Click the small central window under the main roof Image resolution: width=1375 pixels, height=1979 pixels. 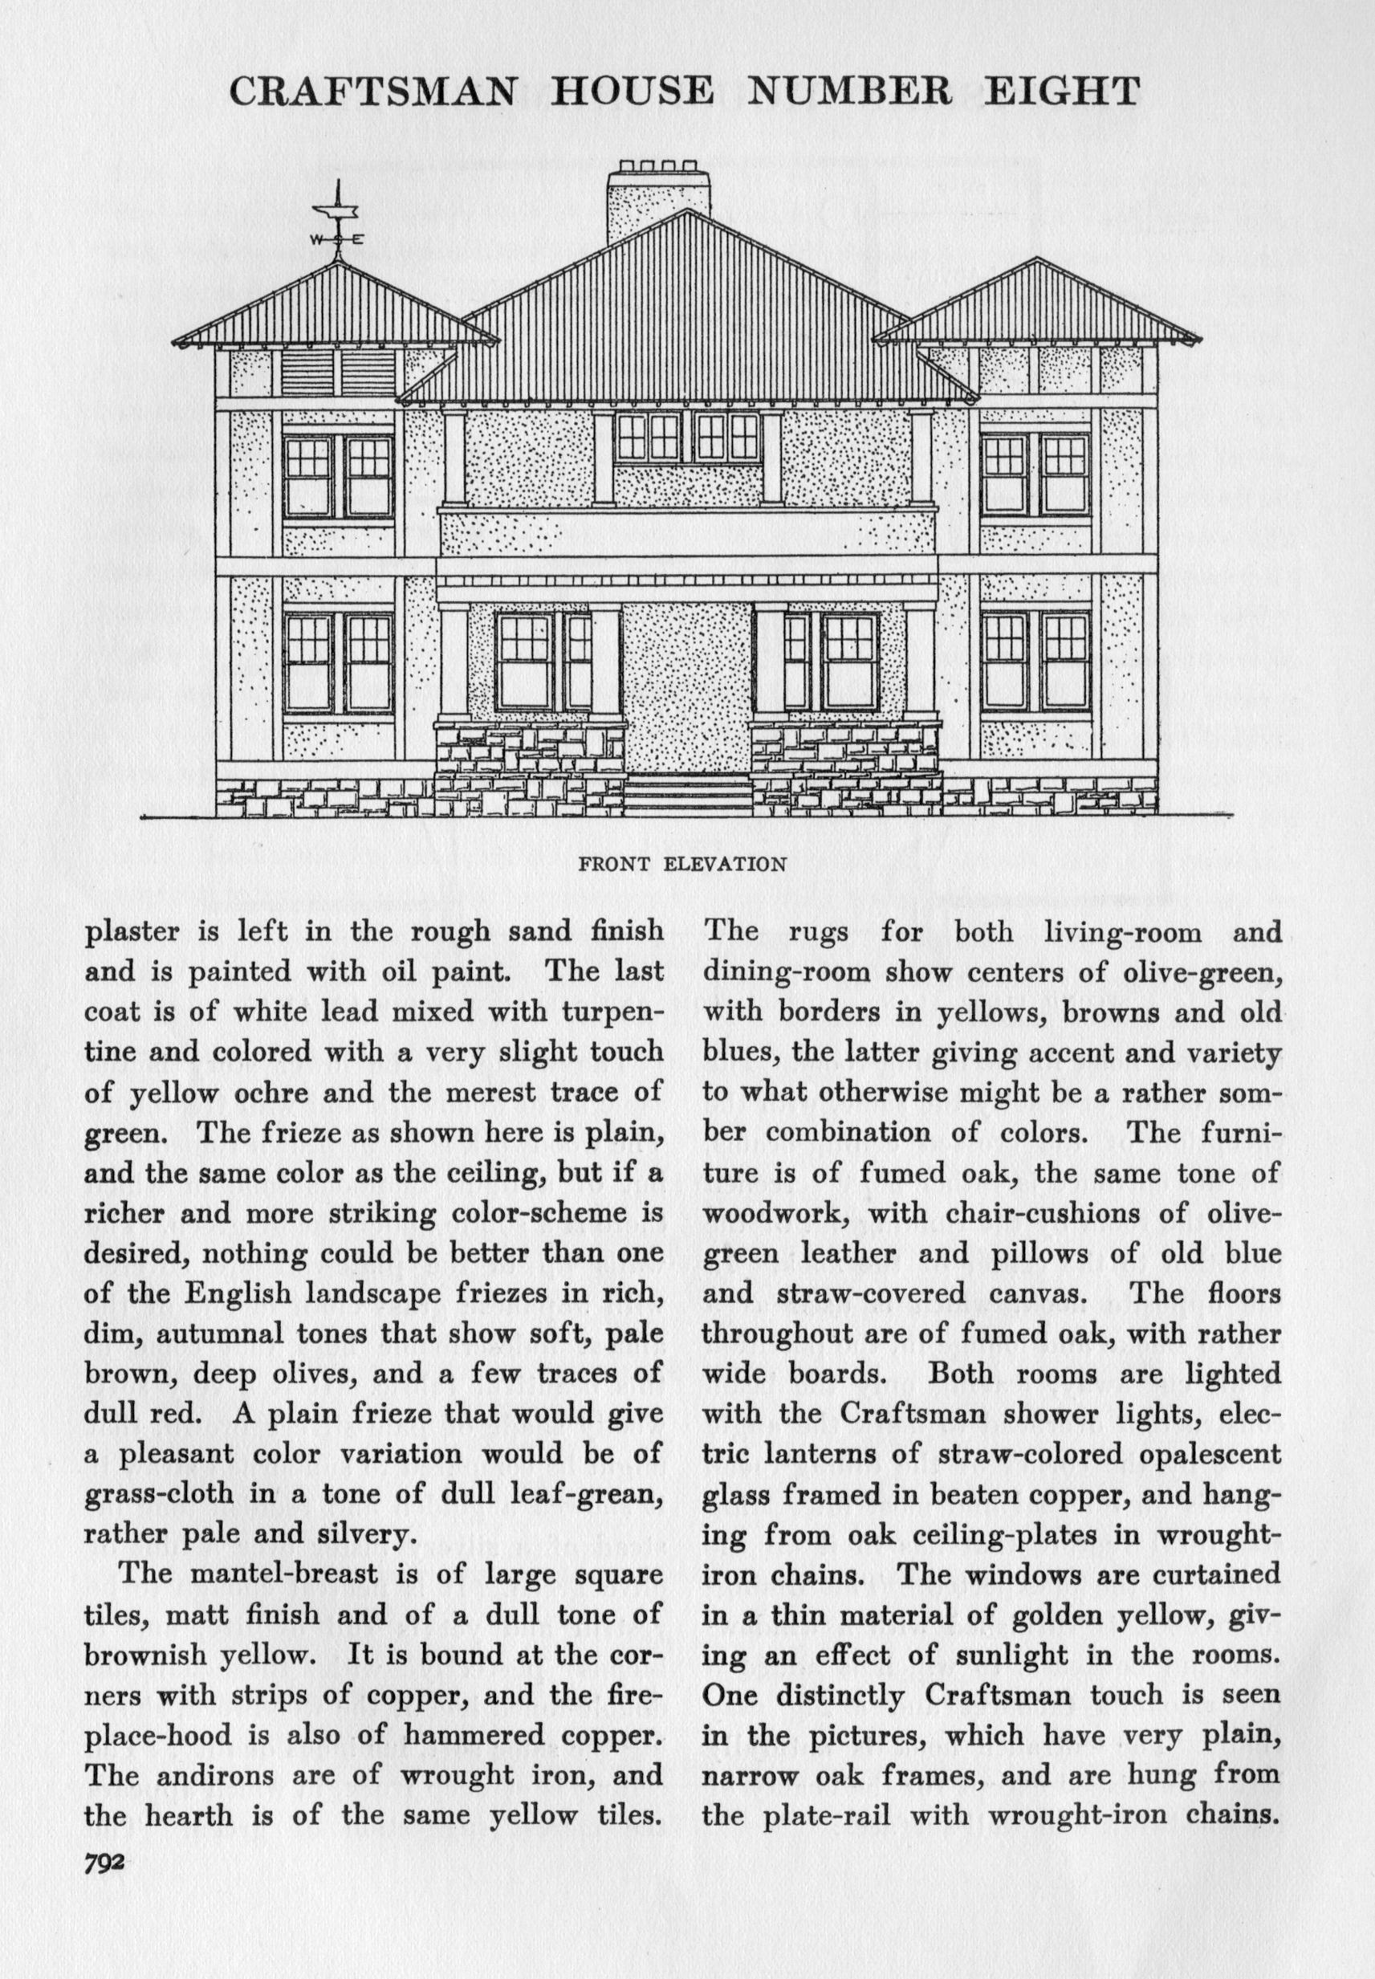[687, 438]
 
